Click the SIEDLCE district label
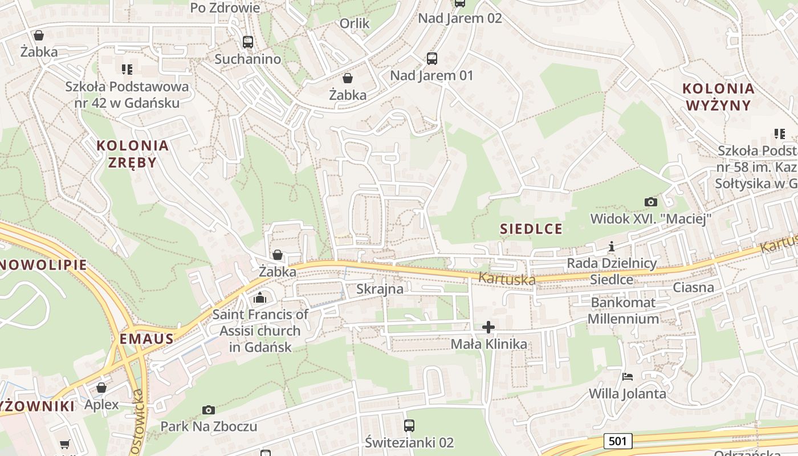point(531,229)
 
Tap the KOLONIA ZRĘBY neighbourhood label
point(132,153)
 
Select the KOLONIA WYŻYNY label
point(718,97)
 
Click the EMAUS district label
point(146,339)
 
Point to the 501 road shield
point(617,441)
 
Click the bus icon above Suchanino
point(247,42)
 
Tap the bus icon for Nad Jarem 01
point(431,58)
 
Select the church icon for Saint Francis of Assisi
point(260,298)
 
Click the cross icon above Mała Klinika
point(488,327)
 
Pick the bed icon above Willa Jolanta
point(627,377)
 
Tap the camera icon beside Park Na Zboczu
point(209,410)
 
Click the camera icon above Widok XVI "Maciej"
point(650,202)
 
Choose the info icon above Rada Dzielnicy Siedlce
point(612,247)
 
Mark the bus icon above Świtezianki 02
point(409,425)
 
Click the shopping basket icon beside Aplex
point(101,388)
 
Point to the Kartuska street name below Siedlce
point(507,279)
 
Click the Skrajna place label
point(380,289)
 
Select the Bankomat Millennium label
point(623,311)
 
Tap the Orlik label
point(355,23)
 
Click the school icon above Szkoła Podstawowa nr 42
point(127,70)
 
